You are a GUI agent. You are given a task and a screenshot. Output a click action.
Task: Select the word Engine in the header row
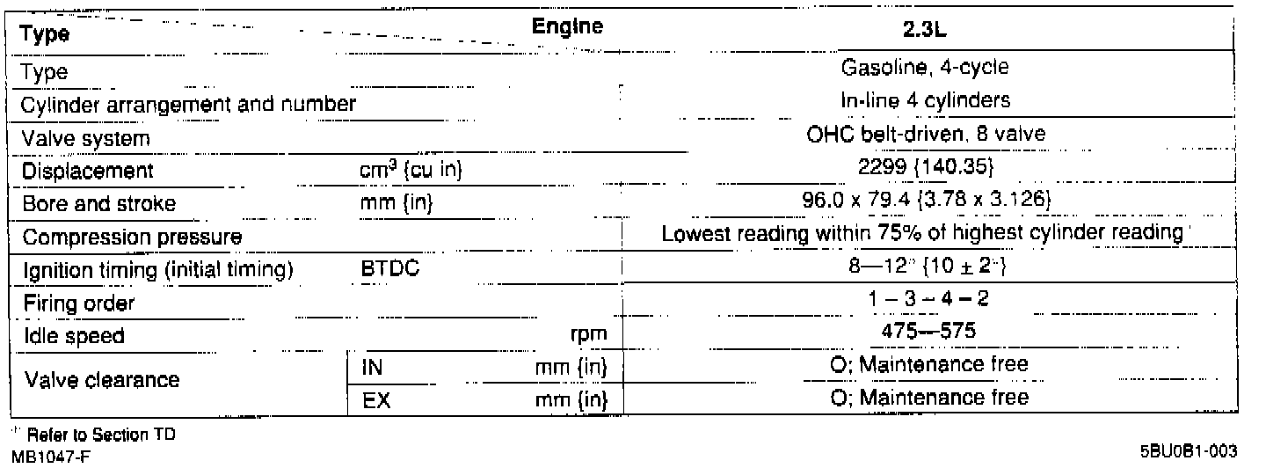(x=567, y=28)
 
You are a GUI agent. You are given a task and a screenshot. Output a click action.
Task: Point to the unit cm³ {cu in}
(x=405, y=170)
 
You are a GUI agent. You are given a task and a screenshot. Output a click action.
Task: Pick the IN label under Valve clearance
(x=371, y=366)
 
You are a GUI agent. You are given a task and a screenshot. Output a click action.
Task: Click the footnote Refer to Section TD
(x=71, y=436)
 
